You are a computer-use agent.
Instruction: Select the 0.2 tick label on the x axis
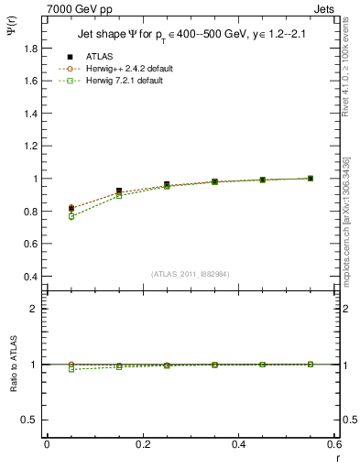click(142, 443)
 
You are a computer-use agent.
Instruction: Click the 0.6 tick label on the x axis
click(334, 443)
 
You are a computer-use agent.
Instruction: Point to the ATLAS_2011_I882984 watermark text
click(191, 274)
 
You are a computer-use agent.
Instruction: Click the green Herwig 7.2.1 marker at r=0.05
click(71, 216)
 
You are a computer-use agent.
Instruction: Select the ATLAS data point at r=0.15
click(119, 191)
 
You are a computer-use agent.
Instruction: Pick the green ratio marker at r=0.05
click(71, 369)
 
